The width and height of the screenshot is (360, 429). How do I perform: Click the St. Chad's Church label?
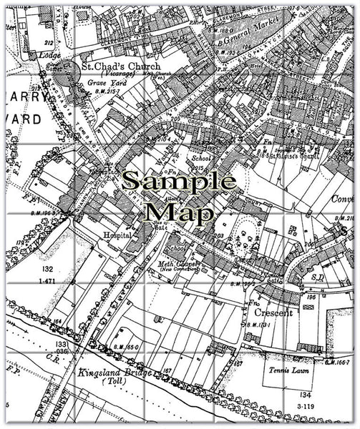pos(121,66)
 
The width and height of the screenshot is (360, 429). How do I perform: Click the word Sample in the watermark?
pos(178,182)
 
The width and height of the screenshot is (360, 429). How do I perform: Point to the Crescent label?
pos(273,313)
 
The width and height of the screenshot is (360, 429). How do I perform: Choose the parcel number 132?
pos(47,269)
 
